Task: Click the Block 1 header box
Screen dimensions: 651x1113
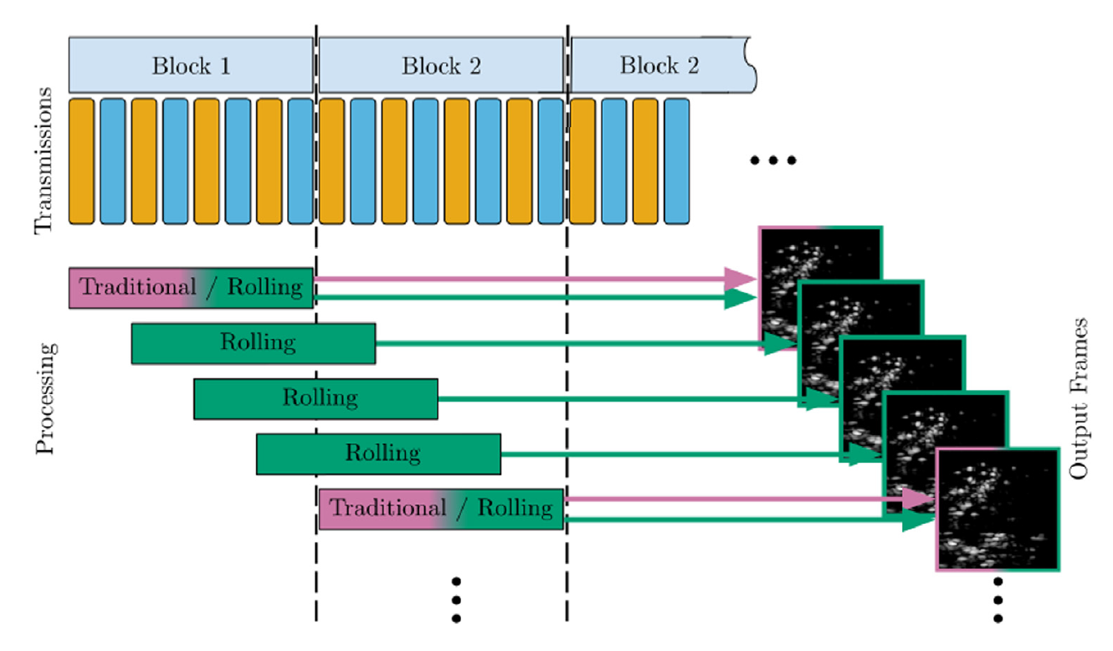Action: click(191, 65)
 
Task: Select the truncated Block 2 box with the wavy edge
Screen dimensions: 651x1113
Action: click(659, 65)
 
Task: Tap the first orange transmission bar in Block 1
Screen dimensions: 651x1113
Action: click(81, 161)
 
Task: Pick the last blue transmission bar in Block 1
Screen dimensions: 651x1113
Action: click(300, 161)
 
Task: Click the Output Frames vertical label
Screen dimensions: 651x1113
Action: click(1080, 397)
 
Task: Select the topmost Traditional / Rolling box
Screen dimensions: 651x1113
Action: click(191, 288)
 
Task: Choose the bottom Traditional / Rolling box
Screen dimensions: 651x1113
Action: click(440, 509)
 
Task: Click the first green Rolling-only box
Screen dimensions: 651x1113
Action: click(253, 343)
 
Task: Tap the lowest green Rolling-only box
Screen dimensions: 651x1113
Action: click(378, 454)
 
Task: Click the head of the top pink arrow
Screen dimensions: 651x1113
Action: click(740, 279)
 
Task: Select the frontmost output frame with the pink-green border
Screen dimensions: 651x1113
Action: click(998, 510)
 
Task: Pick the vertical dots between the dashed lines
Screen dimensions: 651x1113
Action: click(456, 599)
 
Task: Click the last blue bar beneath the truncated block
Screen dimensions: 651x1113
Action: click(676, 161)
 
